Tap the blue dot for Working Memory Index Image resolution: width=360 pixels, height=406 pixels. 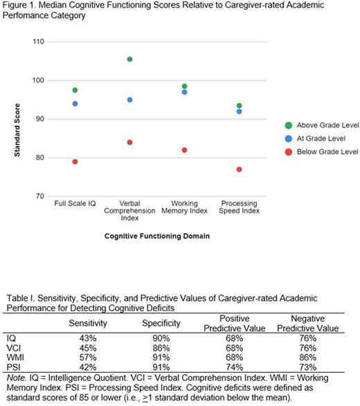(x=184, y=92)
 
